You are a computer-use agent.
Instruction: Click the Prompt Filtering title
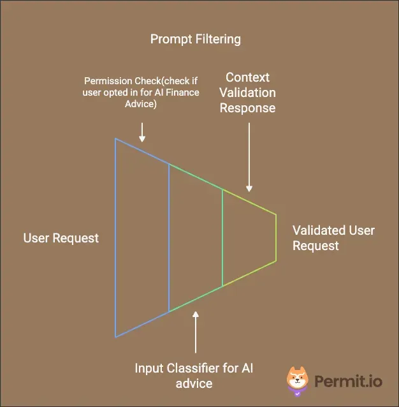coord(196,40)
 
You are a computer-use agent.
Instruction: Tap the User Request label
coord(61,238)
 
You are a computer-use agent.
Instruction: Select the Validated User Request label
coord(333,238)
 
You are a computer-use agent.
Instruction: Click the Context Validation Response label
coord(248,93)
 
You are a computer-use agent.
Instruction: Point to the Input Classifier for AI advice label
coord(195,376)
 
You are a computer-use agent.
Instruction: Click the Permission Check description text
coord(141,93)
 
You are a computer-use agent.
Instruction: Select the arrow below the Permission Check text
coord(142,132)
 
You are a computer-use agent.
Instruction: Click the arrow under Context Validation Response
coord(249,156)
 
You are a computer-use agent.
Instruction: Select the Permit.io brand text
coord(348,381)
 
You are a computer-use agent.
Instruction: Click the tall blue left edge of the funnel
coord(115,237)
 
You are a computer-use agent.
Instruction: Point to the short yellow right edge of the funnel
coord(276,237)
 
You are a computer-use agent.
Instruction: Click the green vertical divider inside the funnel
coord(222,237)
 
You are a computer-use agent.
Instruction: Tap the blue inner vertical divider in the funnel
coord(169,237)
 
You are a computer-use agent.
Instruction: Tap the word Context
coord(248,77)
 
